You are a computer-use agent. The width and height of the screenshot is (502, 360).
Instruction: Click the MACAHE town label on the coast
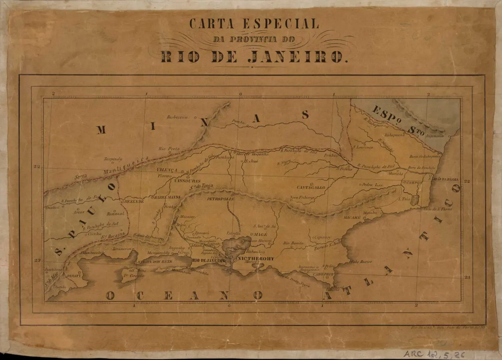point(352,218)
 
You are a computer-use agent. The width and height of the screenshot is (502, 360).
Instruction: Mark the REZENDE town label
point(133,201)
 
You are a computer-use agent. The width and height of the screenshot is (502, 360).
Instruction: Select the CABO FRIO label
point(323,274)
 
